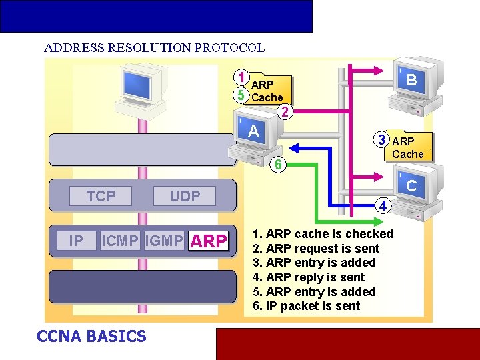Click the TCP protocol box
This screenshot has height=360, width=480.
tap(101, 196)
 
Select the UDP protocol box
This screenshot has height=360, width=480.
tap(185, 196)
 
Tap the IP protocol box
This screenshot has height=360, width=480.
tap(76, 241)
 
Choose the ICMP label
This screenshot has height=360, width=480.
tap(121, 241)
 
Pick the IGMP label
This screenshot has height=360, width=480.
tap(164, 241)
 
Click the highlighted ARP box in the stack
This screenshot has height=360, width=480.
tap(209, 241)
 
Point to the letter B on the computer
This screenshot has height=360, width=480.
tap(412, 80)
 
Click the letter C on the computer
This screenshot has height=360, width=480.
tap(411, 187)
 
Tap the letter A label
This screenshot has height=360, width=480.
tap(253, 131)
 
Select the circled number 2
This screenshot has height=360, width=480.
tap(285, 112)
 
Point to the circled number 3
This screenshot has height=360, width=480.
tap(381, 140)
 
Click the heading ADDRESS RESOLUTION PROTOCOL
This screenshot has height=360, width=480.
tap(154, 48)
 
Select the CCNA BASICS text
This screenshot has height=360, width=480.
tap(91, 336)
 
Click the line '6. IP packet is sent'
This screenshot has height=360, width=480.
tap(307, 306)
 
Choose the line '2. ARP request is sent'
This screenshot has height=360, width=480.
tap(316, 249)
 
